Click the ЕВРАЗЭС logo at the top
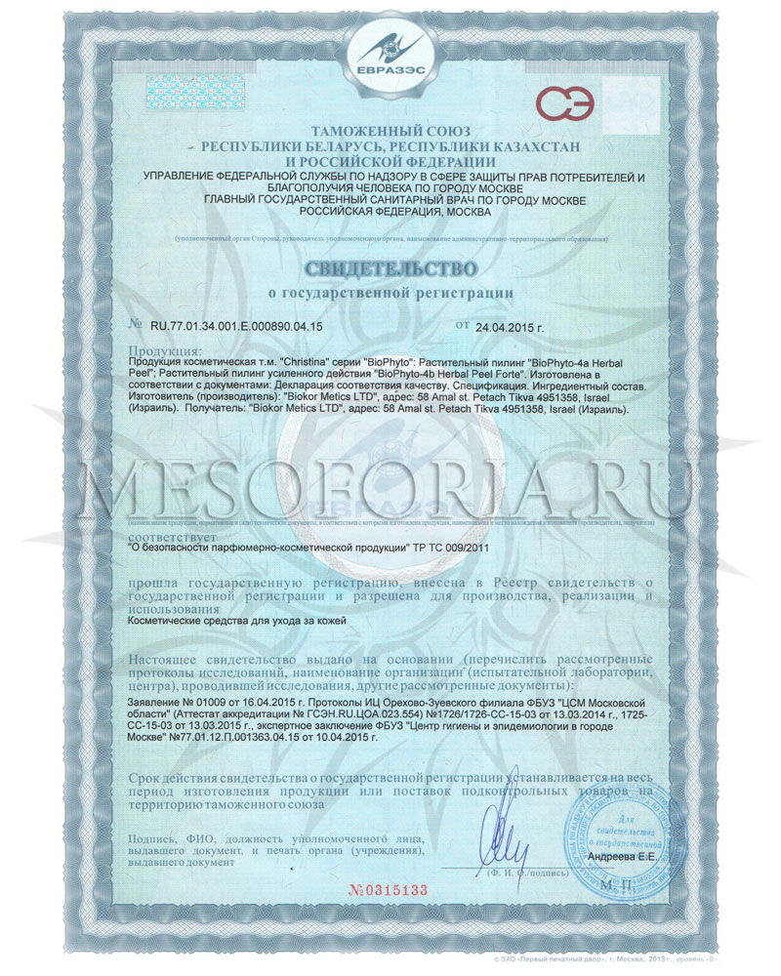point(390,59)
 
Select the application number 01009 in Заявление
point(221,702)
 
